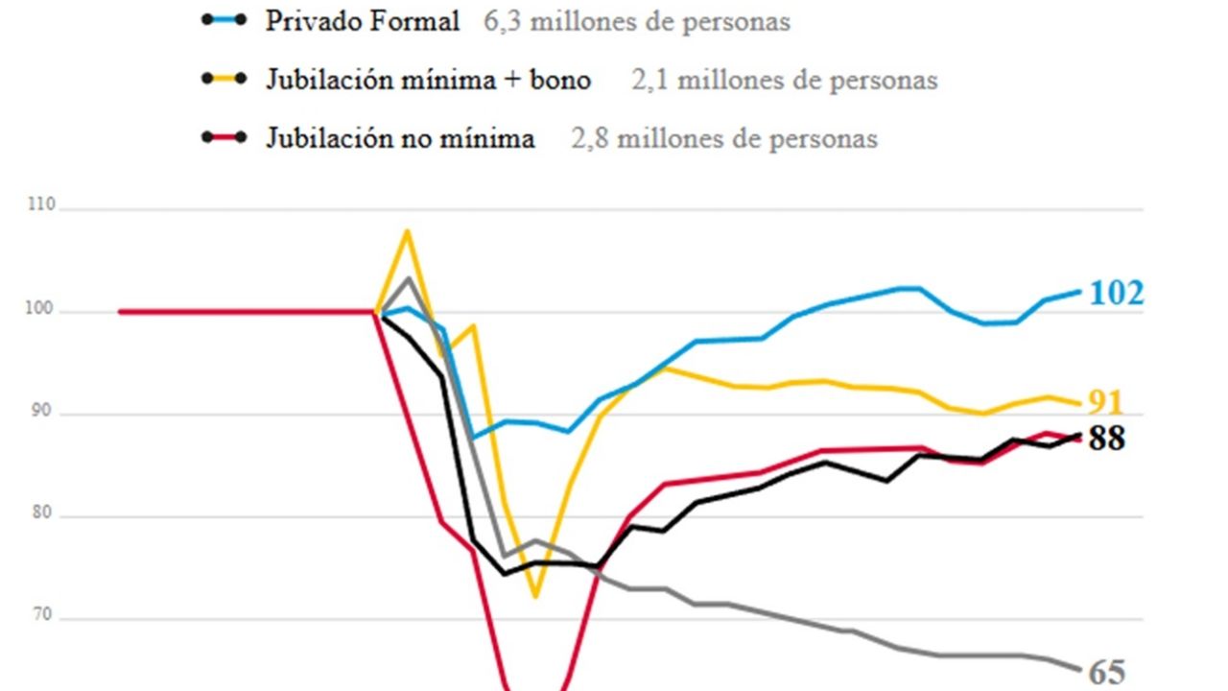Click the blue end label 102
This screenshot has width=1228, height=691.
tap(1117, 293)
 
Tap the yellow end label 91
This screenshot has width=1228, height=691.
tap(1103, 403)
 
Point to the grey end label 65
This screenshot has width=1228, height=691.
tap(1107, 673)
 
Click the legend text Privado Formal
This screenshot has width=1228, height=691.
tap(363, 22)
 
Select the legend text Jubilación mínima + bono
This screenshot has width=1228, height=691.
tap(428, 80)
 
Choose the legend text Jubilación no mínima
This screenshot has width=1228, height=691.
tap(400, 138)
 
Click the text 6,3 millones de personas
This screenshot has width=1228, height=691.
tap(637, 22)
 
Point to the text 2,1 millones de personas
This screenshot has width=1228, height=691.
tap(784, 80)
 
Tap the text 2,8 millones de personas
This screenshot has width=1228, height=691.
tap(724, 138)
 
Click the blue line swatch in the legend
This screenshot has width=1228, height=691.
tap(225, 20)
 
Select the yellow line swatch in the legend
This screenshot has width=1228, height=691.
tap(225, 78)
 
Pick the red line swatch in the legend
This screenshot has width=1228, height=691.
tap(225, 136)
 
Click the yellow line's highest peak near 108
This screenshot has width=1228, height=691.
tap(408, 230)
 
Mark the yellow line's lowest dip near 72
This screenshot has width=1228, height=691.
tap(535, 597)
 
